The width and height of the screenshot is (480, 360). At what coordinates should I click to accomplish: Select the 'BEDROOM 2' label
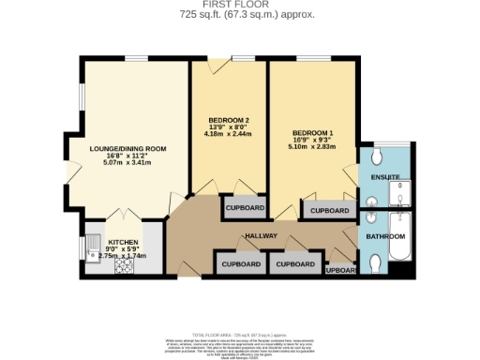(x=228, y=121)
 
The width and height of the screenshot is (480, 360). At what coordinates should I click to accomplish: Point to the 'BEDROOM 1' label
(x=311, y=132)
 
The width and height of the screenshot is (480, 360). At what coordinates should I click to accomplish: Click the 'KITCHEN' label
(x=123, y=241)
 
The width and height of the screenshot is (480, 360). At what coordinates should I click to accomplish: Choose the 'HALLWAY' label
(x=261, y=235)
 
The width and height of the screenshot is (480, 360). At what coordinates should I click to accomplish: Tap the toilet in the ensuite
(x=377, y=156)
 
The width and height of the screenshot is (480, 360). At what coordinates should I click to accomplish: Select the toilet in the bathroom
(x=377, y=264)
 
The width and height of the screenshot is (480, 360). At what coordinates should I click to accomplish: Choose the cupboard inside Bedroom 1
(x=329, y=211)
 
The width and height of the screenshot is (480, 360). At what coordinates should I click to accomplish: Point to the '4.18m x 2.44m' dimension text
(x=228, y=135)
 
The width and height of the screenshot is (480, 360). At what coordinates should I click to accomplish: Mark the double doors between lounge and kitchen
(x=123, y=216)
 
